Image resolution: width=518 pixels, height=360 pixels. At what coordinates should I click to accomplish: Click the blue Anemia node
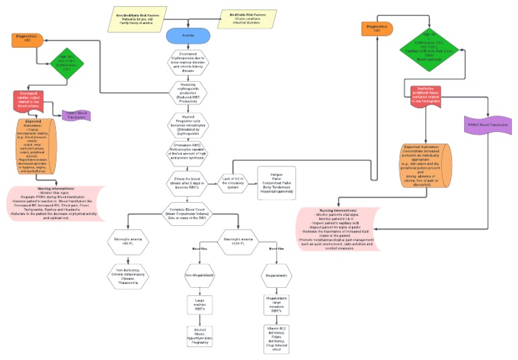point(188,36)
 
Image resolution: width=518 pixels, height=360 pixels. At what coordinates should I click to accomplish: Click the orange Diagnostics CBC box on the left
point(28,40)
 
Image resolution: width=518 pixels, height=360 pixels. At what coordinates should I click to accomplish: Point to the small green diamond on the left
point(65,67)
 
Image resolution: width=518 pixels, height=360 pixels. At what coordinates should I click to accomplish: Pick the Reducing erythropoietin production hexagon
point(189,91)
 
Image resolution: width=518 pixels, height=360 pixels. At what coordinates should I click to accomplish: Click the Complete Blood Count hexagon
point(189,212)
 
